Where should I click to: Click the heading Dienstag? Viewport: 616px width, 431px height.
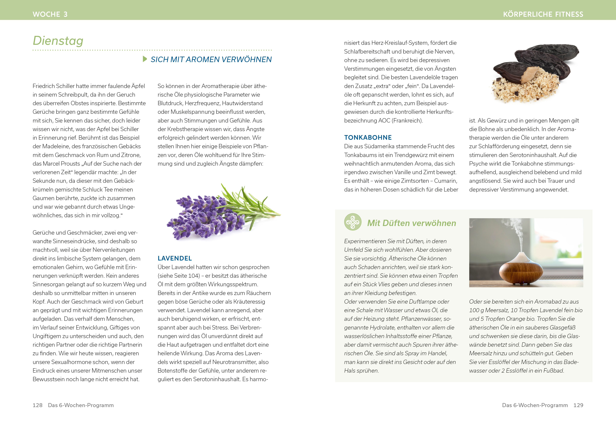58,41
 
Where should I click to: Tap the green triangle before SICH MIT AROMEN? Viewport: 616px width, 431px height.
145,59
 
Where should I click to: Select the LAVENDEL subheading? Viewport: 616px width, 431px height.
175,258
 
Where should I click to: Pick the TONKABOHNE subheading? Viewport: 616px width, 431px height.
368,138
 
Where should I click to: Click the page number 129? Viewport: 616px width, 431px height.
578,405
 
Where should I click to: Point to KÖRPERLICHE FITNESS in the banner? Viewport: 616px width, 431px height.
543,14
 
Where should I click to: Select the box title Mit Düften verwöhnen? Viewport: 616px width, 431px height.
412,223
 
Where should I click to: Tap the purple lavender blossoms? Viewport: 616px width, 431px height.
204,215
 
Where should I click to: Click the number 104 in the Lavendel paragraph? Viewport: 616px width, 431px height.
193,276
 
